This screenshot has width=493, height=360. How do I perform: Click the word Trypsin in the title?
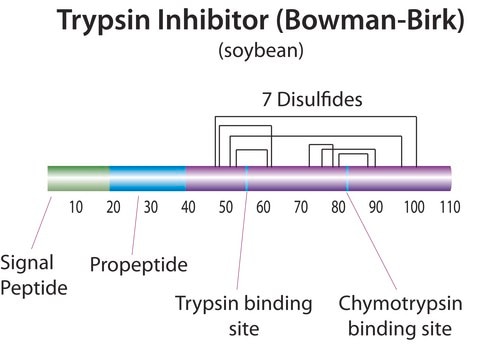(x=103, y=21)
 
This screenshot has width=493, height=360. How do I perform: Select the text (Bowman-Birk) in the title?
(x=370, y=21)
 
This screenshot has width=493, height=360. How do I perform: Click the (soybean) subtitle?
(x=261, y=51)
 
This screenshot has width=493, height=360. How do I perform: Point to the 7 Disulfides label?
(x=312, y=99)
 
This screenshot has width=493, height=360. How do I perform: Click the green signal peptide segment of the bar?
(x=79, y=178)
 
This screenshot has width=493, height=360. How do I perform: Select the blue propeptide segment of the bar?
(x=148, y=178)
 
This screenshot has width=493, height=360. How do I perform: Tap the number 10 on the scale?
(x=76, y=207)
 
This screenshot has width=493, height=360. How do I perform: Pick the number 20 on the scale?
(x=113, y=207)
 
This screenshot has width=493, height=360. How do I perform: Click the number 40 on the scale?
(x=188, y=207)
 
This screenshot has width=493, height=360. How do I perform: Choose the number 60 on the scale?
(x=263, y=207)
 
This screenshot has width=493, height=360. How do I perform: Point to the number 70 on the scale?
(x=301, y=207)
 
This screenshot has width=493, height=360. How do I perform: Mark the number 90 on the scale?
(x=376, y=207)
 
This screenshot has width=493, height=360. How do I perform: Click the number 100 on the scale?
(x=414, y=207)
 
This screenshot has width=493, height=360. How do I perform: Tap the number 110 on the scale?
(x=450, y=207)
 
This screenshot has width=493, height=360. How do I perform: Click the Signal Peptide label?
(x=34, y=275)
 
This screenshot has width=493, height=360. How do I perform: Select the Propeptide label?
(x=139, y=265)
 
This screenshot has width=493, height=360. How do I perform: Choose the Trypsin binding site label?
(x=244, y=315)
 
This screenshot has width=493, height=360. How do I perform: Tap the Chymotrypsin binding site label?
(x=400, y=316)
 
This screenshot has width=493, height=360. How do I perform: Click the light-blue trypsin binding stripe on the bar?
(x=247, y=178)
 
